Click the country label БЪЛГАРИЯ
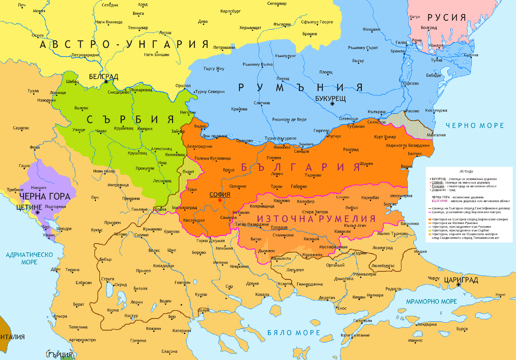pyautogui.click(x=301, y=167)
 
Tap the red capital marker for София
pyautogui.click(x=220, y=200)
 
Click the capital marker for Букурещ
pyautogui.click(x=332, y=104)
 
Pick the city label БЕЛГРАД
pyautogui.click(x=103, y=76)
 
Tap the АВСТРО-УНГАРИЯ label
pyautogui.click(x=124, y=44)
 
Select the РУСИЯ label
pyautogui.click(x=447, y=18)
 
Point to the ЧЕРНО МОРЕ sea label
pyautogui.click(x=474, y=125)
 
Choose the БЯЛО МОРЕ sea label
pyautogui.click(x=293, y=333)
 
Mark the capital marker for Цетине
pyautogui.click(x=38, y=212)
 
